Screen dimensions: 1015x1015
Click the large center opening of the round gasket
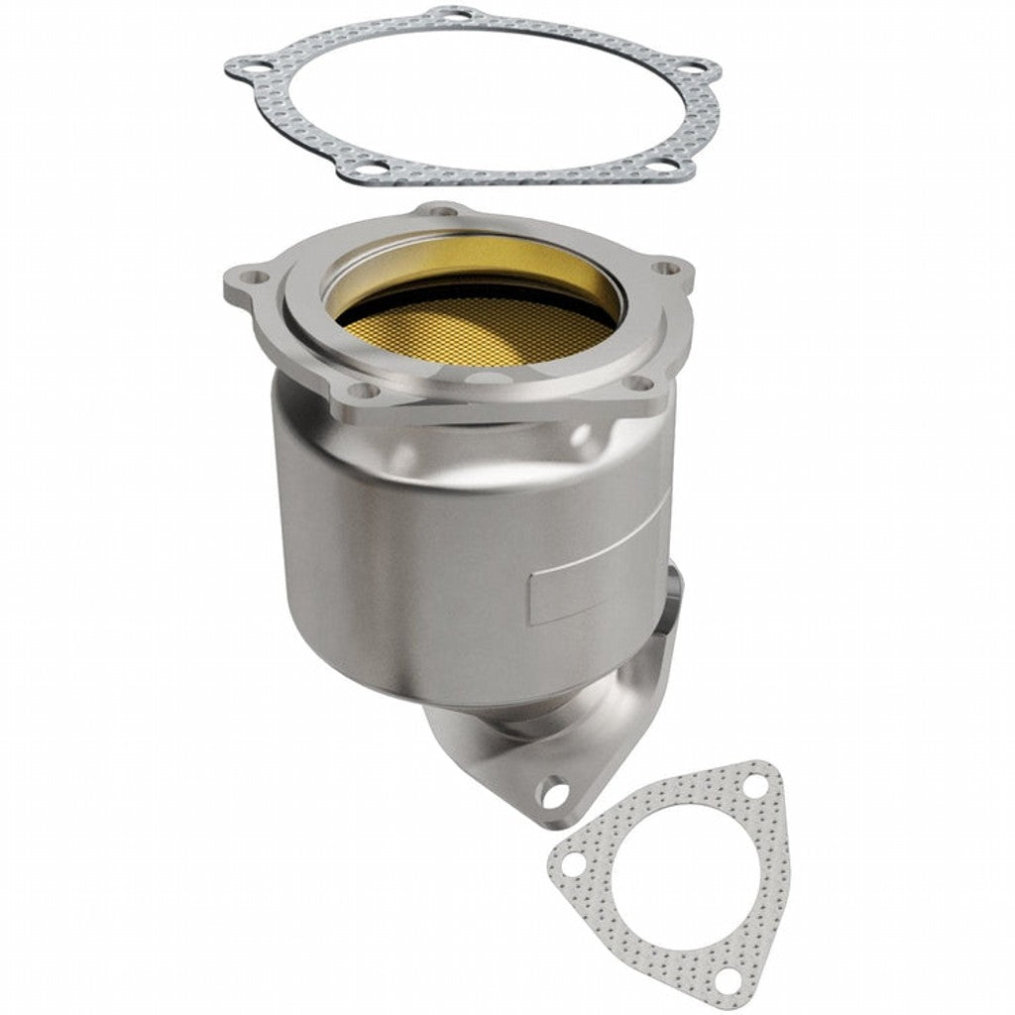476,94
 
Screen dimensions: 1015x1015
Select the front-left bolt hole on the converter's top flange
363,392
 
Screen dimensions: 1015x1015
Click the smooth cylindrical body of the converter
416,555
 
